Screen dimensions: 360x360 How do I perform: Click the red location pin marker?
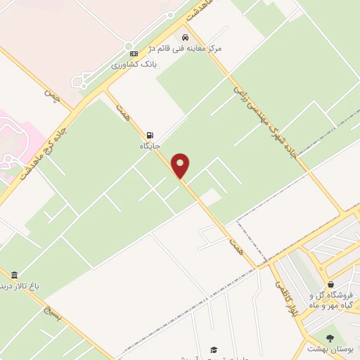click(x=181, y=166)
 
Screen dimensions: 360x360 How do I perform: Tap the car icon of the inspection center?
click(x=185, y=37)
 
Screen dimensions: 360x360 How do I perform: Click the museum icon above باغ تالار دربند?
click(x=14, y=275)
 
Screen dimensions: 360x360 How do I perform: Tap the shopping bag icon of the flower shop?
click(x=330, y=284)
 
